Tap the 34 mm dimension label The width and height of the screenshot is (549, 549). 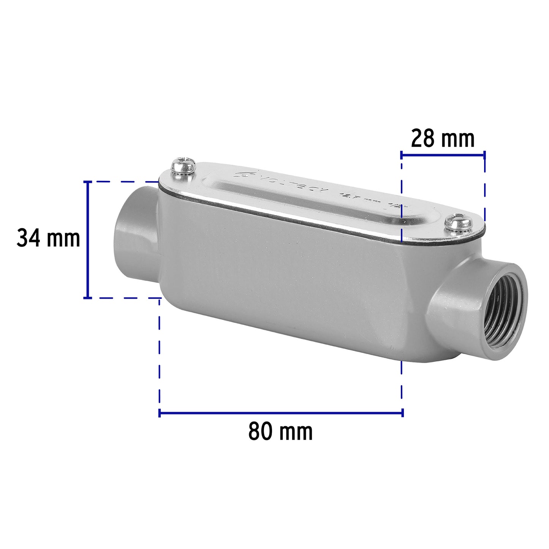[48, 239]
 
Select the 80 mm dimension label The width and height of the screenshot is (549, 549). [280, 432]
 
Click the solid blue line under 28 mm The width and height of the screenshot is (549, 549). [443, 154]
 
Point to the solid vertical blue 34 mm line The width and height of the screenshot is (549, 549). [88, 240]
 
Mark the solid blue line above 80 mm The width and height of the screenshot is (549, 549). [281, 413]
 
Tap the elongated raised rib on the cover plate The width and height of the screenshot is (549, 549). [304, 201]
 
